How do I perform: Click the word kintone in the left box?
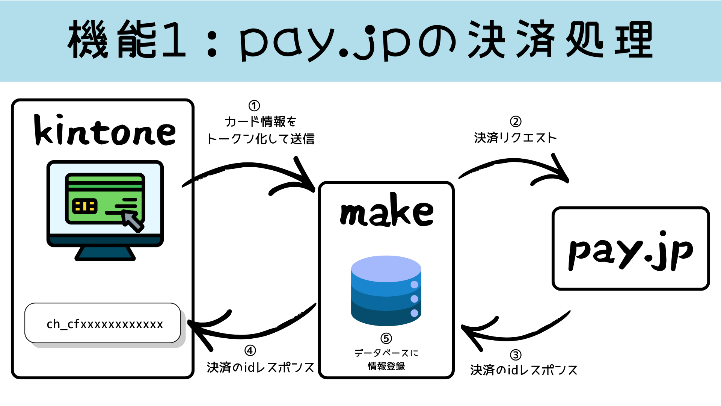pos(105,130)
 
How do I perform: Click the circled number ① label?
pos(254,106)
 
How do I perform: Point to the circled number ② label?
pos(516,121)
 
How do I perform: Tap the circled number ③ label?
pos(516,355)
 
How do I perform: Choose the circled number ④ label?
pos(250,351)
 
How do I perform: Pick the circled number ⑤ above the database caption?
pos(386,338)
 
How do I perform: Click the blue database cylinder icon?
pos(386,290)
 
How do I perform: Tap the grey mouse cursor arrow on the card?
pos(133,221)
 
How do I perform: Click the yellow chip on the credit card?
pos(84,206)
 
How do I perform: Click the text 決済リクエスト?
pos(515,138)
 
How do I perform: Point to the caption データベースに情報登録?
pos(386,359)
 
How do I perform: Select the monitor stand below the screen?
pos(105,254)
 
